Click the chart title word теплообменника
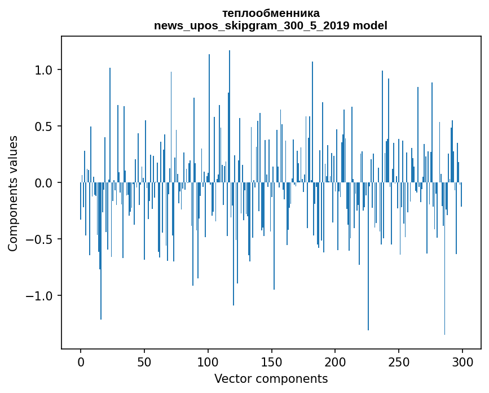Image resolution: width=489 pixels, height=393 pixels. [x=271, y=13]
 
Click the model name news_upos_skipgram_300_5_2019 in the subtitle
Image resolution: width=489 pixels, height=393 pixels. [x=252, y=25]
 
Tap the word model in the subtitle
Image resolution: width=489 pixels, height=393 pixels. [x=370, y=25]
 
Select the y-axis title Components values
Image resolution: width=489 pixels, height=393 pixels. [x=13, y=193]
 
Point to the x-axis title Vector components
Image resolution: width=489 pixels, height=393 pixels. [x=271, y=378]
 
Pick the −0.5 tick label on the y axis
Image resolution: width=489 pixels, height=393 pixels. [x=41, y=239]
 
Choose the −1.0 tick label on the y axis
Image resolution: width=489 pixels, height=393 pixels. [x=41, y=296]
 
